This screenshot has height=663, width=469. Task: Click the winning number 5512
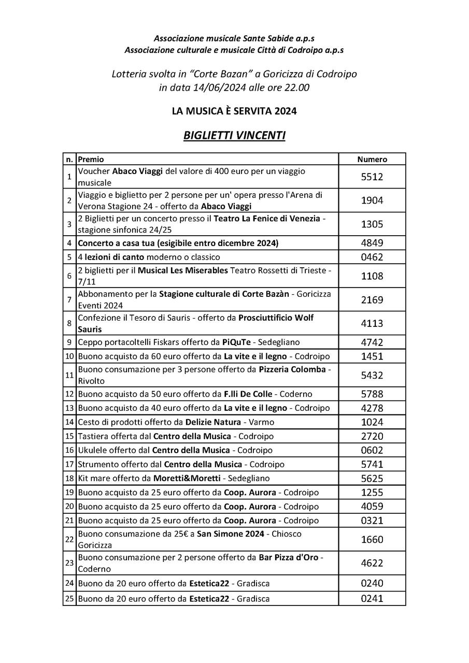(x=372, y=177)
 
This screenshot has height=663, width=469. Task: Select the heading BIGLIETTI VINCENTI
(x=234, y=136)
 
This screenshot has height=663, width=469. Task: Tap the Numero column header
(x=372, y=160)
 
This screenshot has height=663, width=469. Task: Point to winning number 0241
(x=372, y=599)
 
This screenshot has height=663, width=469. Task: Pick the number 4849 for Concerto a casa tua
(x=372, y=243)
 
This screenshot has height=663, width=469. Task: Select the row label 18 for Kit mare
(x=69, y=478)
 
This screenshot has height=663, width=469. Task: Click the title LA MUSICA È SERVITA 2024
(x=234, y=111)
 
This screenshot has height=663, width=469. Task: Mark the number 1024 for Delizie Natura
(x=372, y=422)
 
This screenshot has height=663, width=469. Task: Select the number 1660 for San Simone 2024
(x=372, y=539)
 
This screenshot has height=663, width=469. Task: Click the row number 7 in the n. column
(x=69, y=299)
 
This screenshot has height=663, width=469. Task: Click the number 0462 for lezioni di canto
(x=372, y=257)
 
